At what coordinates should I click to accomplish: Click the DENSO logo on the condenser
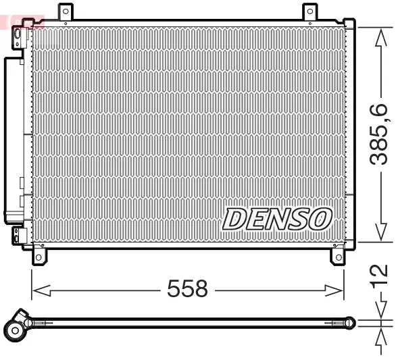pyautogui.click(x=277, y=218)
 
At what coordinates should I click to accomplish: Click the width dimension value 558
pyautogui.click(x=187, y=290)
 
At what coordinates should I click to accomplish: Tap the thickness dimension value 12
pyautogui.click(x=381, y=274)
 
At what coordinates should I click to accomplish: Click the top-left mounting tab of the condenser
pyautogui.click(x=65, y=11)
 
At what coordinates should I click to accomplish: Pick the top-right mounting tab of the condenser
pyautogui.click(x=309, y=11)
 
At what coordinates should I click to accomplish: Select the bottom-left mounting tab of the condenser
pyautogui.click(x=39, y=257)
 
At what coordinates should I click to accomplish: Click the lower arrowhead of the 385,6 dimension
pyautogui.click(x=382, y=233)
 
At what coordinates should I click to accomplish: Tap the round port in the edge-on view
pyautogui.click(x=15, y=330)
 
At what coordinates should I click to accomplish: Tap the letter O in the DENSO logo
pyautogui.click(x=320, y=218)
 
